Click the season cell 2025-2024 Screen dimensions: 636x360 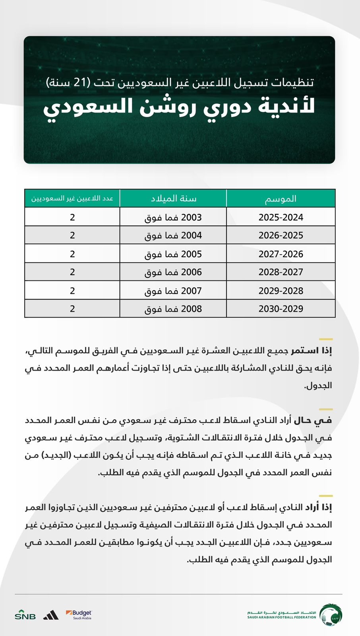pos(281,217)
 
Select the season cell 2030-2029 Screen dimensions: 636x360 pos(281,309)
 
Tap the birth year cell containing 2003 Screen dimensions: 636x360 pos(173,217)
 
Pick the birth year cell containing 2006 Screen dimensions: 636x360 pos(173,272)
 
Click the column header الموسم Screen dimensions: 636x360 pos(281,198)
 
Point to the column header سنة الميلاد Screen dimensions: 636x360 pos(173,198)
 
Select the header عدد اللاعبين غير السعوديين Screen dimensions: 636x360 pos(72,198)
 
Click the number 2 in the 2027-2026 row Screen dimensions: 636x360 pos(72,254)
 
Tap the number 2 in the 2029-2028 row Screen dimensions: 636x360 pos(72,291)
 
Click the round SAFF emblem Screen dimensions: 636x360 pos(331,615)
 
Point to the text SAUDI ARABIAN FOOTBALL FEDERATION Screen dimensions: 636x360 pos(282,617)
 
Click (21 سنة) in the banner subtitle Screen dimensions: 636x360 pos(70,82)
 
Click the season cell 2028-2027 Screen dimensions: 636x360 pos(281,272)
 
